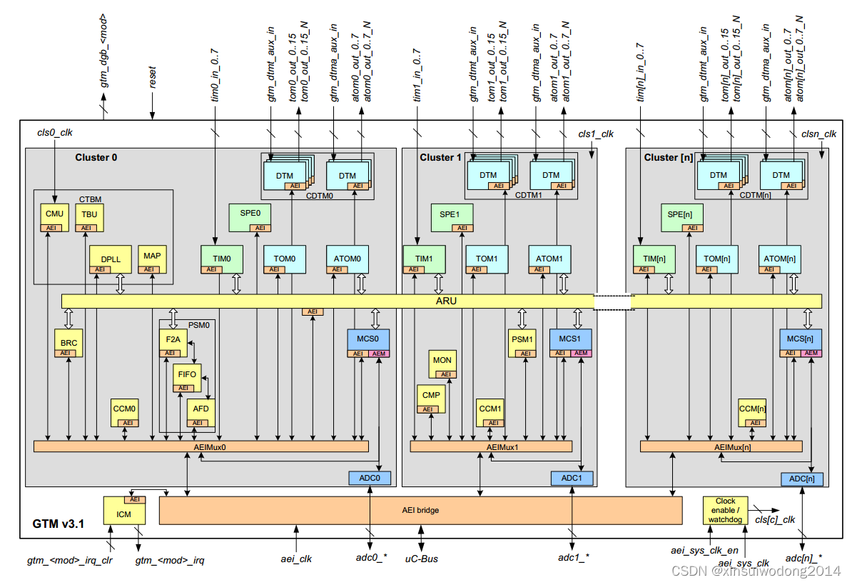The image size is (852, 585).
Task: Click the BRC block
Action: click(x=69, y=344)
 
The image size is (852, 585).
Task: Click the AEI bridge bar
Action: click(x=420, y=510)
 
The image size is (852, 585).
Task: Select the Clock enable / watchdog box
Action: click(x=725, y=510)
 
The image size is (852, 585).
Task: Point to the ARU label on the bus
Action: click(x=447, y=301)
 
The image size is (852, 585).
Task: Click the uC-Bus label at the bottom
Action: click(x=421, y=558)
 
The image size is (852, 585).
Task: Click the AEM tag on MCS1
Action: click(x=582, y=354)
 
